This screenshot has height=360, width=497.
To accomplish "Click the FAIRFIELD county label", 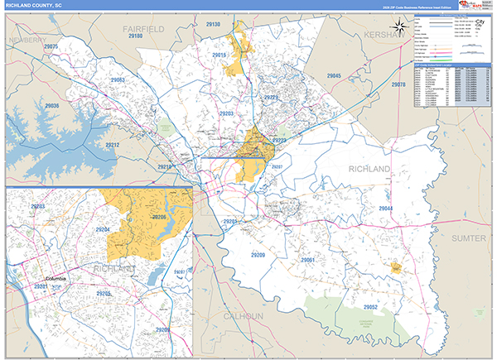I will point(144,28).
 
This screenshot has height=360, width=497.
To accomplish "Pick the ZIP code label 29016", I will point(220,55).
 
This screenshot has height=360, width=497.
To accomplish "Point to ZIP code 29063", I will point(117,80).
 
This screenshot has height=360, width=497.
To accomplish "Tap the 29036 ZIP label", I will point(51,107).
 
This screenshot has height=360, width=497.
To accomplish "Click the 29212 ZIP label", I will point(113,146).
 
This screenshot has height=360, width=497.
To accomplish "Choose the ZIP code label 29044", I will point(387,208).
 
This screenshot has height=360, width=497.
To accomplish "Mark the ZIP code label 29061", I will point(307,261).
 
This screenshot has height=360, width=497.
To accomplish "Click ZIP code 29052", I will point(370,307).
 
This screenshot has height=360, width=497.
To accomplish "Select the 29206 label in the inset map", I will point(159,217).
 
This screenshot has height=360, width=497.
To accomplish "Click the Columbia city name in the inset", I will point(60,279).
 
